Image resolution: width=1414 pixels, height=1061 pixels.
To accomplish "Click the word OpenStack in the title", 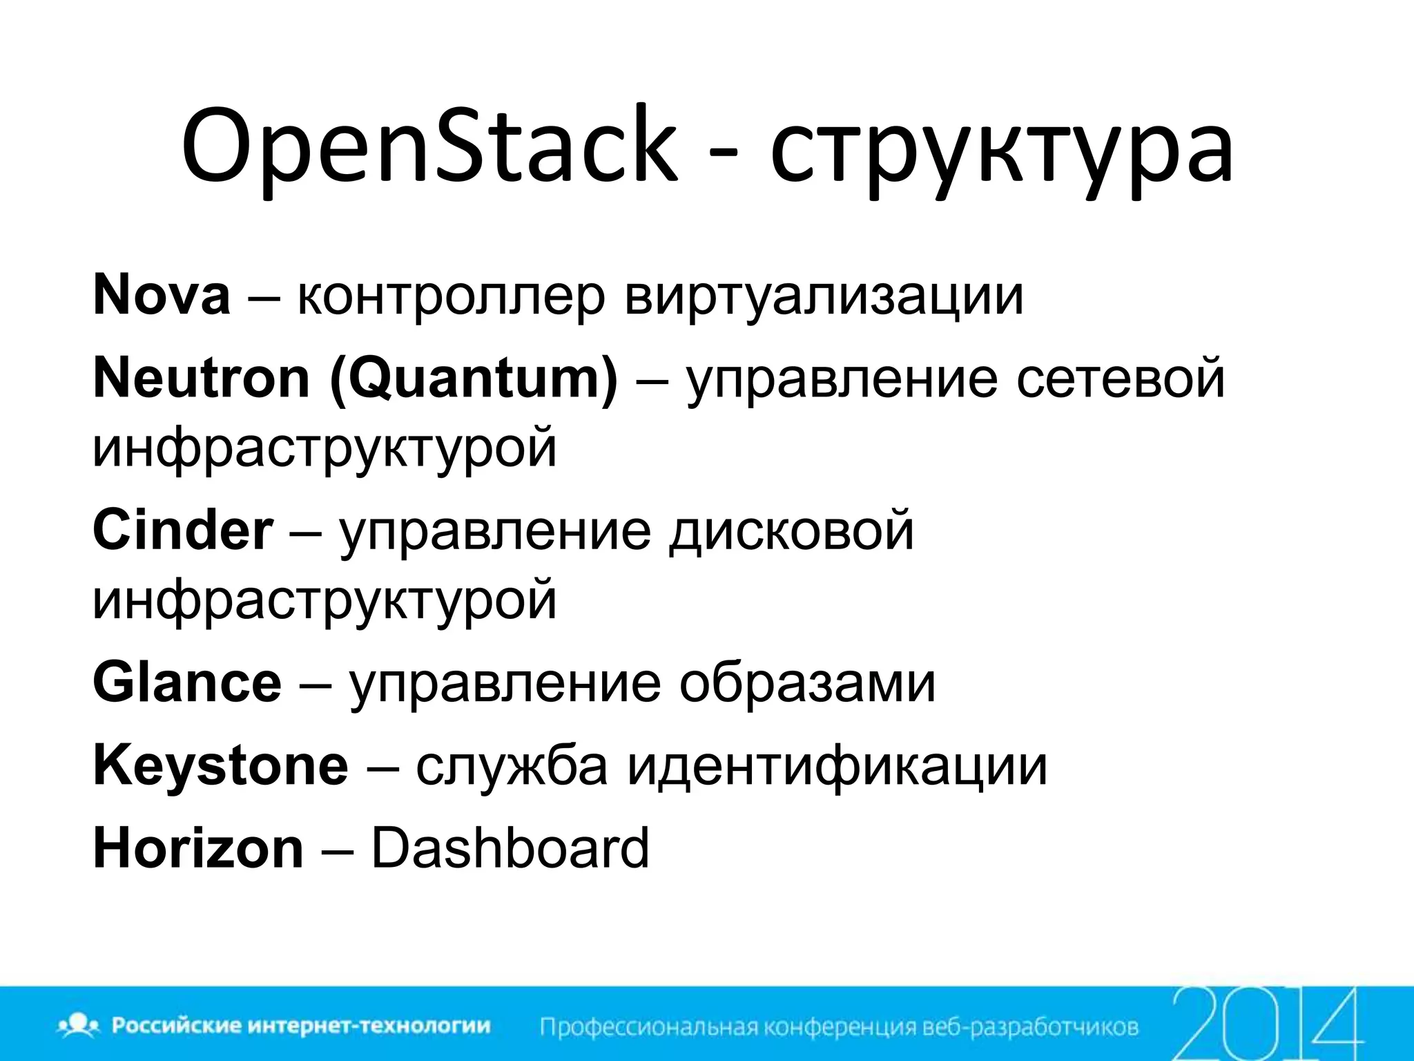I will coord(428,149).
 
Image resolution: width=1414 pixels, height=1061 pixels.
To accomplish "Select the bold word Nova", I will coord(161,295).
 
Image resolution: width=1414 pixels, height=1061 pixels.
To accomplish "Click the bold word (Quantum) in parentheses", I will coord(474,380).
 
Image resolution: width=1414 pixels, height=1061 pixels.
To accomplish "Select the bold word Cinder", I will coord(183,530).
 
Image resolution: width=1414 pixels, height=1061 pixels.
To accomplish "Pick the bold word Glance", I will coord(187,682).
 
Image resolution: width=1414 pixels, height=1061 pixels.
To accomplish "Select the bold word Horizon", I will coord(198,848).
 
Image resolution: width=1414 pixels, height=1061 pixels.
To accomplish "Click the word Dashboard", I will coord(510,848).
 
